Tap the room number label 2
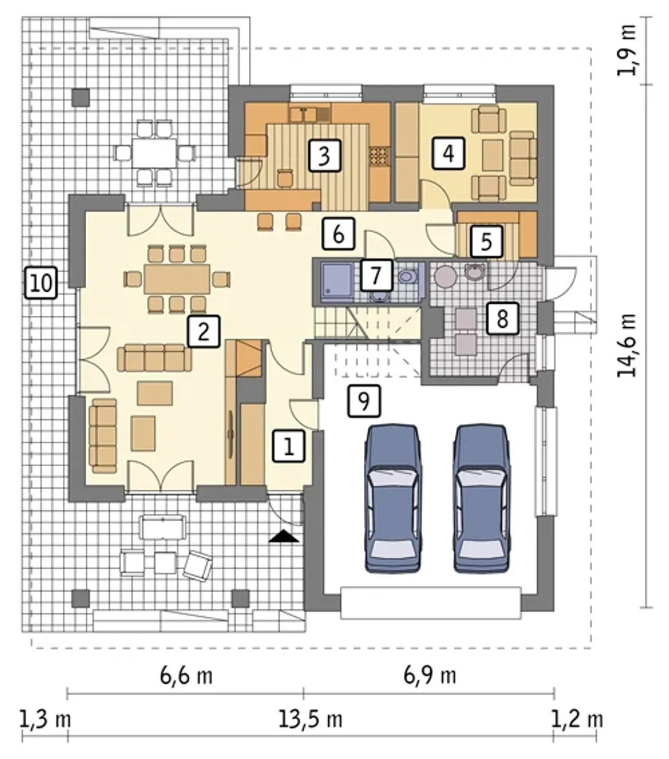coord(203,331)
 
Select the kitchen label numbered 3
coord(325,155)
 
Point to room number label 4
coord(448,153)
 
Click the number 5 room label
coord(486,241)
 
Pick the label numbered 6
coord(338,234)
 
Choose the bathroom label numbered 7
coord(376,275)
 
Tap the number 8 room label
coord(502,318)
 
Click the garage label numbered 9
coord(364,400)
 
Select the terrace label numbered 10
coord(41,282)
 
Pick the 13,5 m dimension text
coord(310,719)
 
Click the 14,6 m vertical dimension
coord(626,344)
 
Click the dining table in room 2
coord(177,279)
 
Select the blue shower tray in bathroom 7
coord(337,280)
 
